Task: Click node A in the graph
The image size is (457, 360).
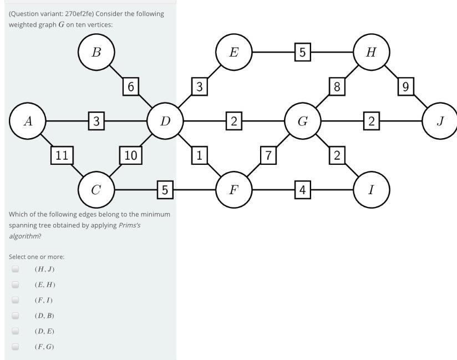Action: click(x=28, y=121)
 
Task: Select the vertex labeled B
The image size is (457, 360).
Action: click(x=96, y=52)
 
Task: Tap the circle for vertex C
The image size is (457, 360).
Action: click(x=96, y=190)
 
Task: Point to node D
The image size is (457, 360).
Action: click(x=165, y=121)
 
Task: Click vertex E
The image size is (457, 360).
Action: click(x=233, y=52)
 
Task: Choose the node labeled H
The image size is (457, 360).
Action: click(x=371, y=52)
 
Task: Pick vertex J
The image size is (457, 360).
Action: click(x=440, y=121)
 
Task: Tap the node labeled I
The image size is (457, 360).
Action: click(x=371, y=190)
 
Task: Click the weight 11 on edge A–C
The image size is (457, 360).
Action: click(x=62, y=155)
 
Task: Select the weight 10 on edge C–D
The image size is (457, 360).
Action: click(x=130, y=155)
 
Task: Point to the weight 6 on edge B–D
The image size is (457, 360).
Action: click(x=130, y=87)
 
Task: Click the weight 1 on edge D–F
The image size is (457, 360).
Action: click(x=199, y=155)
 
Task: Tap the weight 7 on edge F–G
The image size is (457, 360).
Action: click(x=268, y=155)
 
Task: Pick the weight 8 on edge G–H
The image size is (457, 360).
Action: click(x=337, y=87)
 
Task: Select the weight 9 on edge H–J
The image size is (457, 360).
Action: click(x=405, y=87)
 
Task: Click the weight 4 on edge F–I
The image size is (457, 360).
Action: click(x=302, y=190)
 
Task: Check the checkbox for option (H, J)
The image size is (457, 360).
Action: click(x=16, y=269)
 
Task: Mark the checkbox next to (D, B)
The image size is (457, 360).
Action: click(x=16, y=316)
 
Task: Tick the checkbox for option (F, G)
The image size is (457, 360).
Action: click(x=16, y=347)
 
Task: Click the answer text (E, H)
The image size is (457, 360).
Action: click(x=44, y=285)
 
